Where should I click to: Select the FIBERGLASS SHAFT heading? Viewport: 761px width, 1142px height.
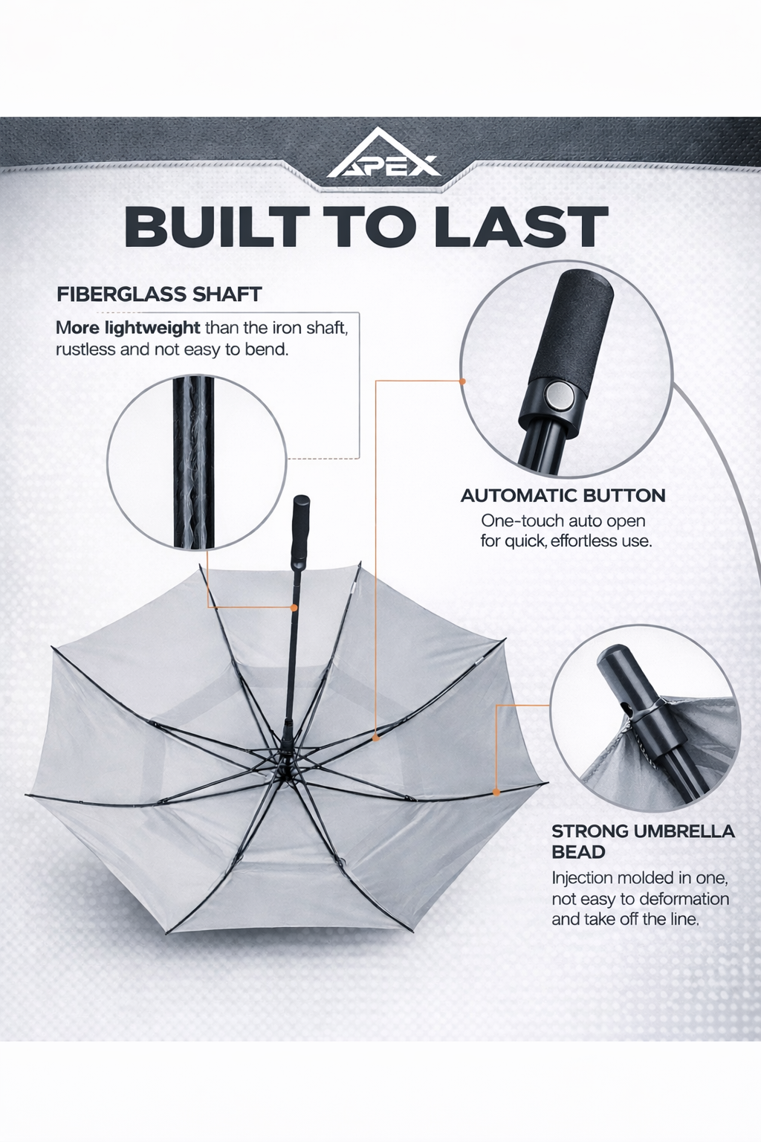(x=159, y=294)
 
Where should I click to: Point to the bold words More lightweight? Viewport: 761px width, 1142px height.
(x=128, y=327)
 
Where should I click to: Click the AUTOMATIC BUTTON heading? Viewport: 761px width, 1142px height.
(x=563, y=495)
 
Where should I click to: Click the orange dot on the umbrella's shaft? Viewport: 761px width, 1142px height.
(x=294, y=607)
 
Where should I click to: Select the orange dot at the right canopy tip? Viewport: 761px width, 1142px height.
(x=496, y=793)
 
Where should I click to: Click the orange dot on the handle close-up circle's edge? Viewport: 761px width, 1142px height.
(x=462, y=381)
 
